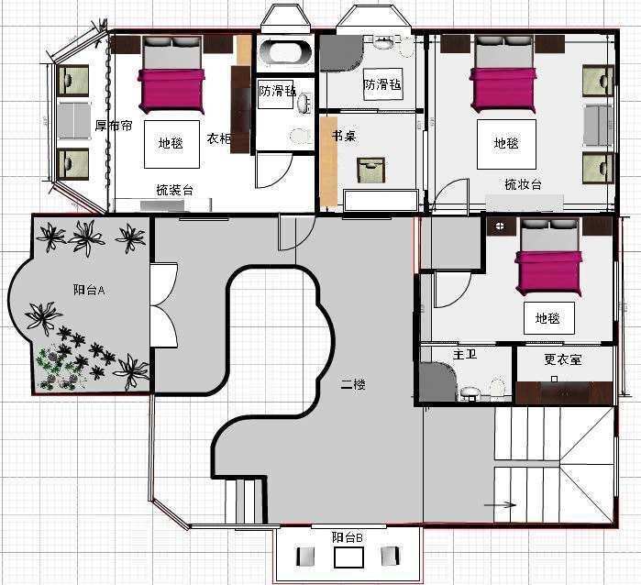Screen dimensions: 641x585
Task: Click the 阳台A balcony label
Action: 89,290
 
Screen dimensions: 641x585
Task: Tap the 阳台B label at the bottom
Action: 347,537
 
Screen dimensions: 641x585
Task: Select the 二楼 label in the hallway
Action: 353,384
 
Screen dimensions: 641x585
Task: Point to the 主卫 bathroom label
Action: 465,354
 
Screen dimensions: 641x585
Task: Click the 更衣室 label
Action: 562,359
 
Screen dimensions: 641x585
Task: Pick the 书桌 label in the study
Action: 344,136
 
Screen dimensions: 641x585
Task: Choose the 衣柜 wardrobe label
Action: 219,138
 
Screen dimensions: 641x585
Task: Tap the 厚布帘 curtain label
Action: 114,126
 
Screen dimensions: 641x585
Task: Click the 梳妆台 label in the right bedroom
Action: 524,184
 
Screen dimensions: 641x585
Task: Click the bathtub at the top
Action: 285,53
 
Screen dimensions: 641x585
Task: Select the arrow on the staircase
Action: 500,504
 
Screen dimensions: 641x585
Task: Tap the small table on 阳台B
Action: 348,557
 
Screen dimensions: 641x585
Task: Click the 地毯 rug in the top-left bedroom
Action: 171,144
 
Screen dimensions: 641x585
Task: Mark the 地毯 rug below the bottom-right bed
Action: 549,318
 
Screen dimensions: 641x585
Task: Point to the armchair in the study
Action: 371,170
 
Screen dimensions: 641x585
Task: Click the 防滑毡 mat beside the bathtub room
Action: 276,94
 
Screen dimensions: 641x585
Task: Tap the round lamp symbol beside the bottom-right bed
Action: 500,226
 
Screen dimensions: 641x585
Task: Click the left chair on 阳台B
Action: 305,557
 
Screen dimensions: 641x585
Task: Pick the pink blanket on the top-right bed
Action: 503,90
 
